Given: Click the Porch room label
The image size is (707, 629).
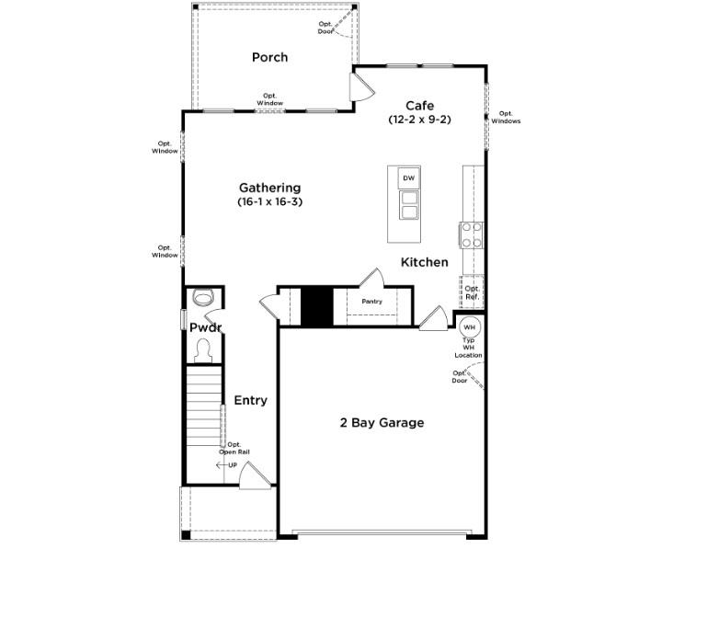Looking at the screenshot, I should coord(269,57).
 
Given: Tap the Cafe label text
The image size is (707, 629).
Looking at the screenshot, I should coord(419,106).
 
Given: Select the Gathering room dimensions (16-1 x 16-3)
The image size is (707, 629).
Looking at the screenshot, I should coord(269,201).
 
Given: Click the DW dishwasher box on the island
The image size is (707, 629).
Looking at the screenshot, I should coord(409,177).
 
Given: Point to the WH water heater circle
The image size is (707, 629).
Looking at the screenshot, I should coord(469,327).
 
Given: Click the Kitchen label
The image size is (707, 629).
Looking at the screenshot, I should coord(425,262).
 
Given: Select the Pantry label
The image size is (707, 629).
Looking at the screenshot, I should coord(371,302).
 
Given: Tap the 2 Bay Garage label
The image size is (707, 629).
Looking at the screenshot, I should coord(382,423).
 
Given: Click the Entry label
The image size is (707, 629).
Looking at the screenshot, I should coord(250,400).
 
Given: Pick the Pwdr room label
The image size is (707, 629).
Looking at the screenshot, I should coord(205,327).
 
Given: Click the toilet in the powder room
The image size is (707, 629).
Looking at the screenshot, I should coord(203,297).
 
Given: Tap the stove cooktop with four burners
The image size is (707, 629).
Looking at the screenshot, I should coord(472,235).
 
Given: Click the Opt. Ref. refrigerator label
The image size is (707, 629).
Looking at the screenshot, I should coord(472,292).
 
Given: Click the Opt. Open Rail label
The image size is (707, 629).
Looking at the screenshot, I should coord(234,448).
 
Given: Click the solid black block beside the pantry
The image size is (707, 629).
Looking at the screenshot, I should coord(316,306).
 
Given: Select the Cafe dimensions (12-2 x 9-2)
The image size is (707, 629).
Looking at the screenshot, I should coord(419,120).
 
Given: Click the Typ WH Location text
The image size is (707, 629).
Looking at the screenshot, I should coord(468,348).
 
